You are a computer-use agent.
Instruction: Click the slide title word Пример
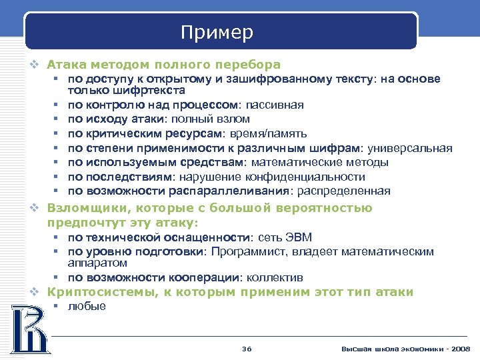(217, 32)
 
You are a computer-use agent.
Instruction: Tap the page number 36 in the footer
(247, 349)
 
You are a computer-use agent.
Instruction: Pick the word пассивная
(275, 105)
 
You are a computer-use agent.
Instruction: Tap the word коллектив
(275, 277)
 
